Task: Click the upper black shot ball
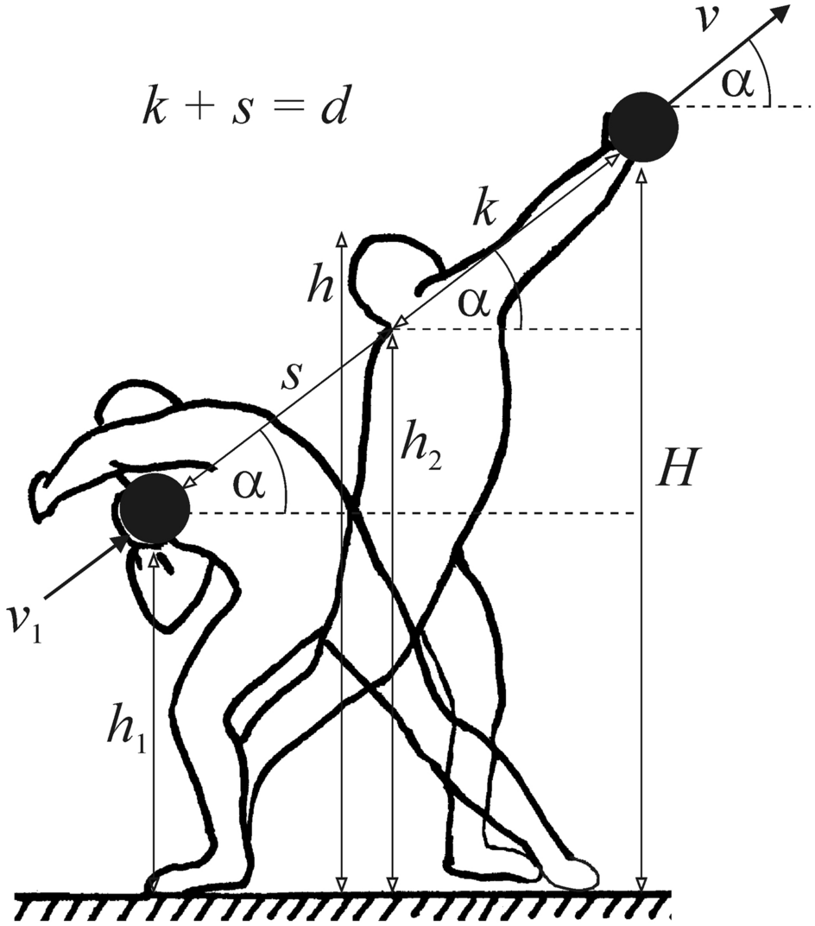pyautogui.click(x=642, y=127)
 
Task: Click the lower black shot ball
pyautogui.click(x=155, y=509)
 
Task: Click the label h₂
pyautogui.click(x=422, y=450)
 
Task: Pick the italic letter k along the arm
pyautogui.click(x=486, y=208)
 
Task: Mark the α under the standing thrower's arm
pyautogui.click(x=473, y=303)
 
